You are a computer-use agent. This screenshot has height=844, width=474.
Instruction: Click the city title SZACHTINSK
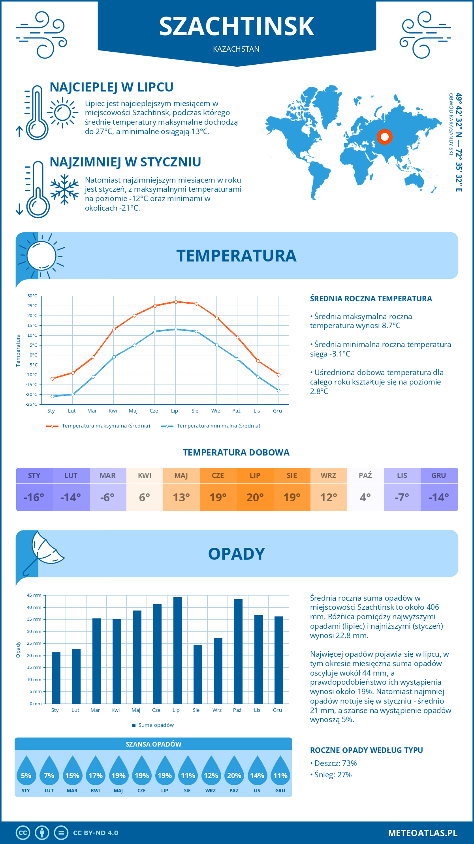[237, 26]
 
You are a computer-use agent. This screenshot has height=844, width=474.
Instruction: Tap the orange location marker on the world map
[384, 137]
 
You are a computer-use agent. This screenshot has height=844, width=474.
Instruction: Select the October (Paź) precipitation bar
[238, 651]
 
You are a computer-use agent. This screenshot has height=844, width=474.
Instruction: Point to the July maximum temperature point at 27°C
[176, 302]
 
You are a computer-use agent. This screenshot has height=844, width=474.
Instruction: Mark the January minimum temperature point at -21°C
[52, 396]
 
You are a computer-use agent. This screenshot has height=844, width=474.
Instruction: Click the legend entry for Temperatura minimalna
[211, 426]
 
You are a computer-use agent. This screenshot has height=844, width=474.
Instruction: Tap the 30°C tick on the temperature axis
[32, 296]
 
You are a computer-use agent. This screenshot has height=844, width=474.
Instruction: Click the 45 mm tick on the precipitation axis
[34, 595]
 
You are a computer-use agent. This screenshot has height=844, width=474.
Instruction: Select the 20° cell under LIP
[255, 497]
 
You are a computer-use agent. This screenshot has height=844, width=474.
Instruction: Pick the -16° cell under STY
[34, 497]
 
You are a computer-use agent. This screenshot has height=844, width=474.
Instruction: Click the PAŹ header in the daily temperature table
[365, 475]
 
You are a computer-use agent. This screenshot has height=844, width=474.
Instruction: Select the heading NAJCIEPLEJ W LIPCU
[111, 87]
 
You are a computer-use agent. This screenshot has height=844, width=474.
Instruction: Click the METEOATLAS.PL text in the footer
[422, 833]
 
